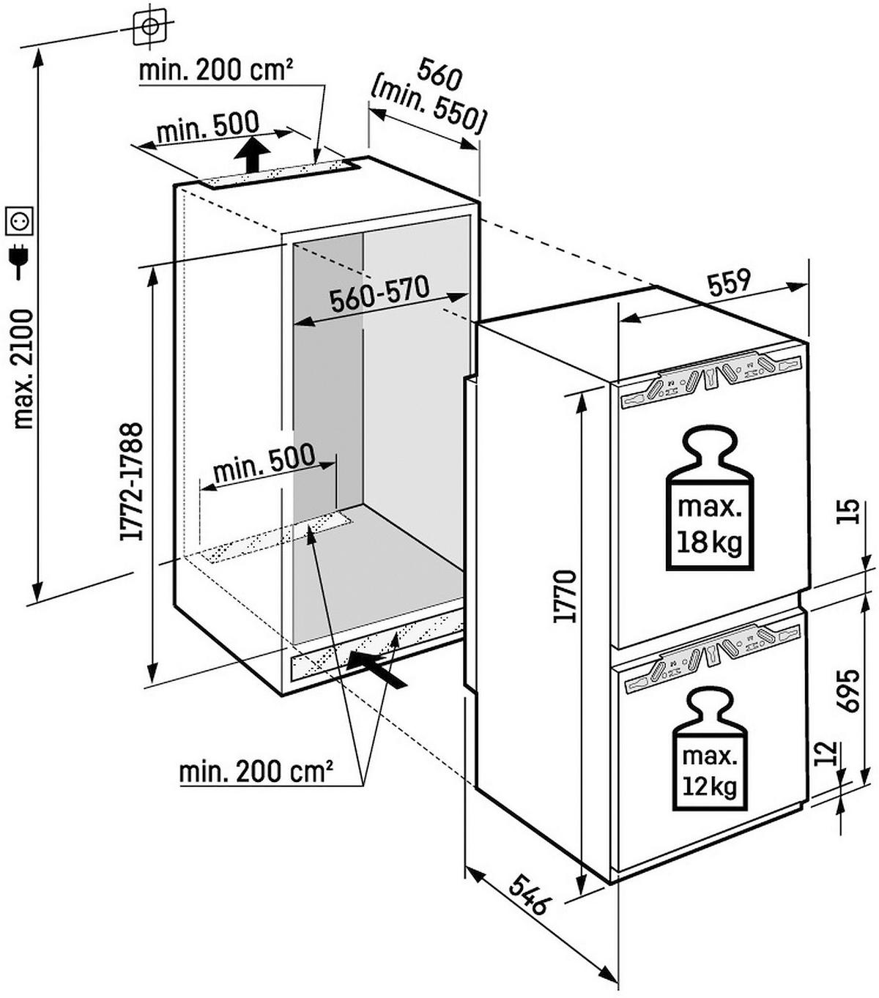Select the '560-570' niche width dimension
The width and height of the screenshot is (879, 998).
coord(379,294)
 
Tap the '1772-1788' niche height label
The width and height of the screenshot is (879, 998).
coord(133,483)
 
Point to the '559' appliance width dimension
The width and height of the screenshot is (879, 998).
coord(729,282)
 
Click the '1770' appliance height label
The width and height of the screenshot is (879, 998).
coord(565,596)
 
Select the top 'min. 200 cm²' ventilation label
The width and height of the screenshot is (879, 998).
coord(216,70)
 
